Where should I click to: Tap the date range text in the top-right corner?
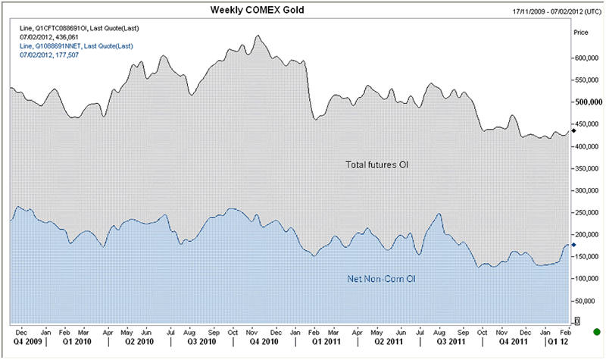pos(553,11)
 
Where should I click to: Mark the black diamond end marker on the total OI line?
pos(573,130)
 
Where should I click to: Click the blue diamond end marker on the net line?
pos(573,244)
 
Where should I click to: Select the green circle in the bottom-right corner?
pos(596,331)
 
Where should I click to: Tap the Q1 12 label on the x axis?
pos(558,342)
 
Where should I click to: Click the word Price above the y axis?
pos(582,33)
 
